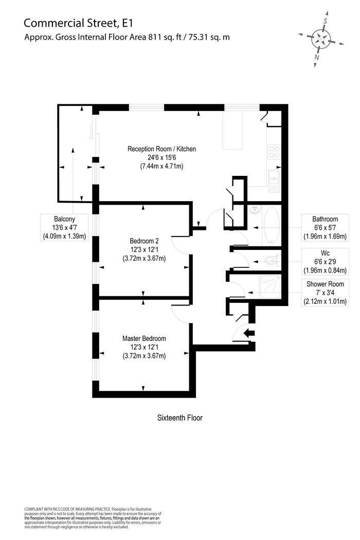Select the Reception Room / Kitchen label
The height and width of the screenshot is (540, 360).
click(x=161, y=149)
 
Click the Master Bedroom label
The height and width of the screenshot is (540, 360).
click(x=144, y=338)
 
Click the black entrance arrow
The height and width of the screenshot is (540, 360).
click(x=249, y=333)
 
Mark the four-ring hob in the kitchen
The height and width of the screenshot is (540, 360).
click(x=274, y=152)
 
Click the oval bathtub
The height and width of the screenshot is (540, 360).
click(x=271, y=226)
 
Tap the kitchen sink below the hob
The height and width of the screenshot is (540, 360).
click(x=273, y=181)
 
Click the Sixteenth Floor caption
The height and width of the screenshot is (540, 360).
click(x=180, y=418)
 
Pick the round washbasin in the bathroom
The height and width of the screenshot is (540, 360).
click(x=255, y=210)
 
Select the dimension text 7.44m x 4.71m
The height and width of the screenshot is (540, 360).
click(x=161, y=167)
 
